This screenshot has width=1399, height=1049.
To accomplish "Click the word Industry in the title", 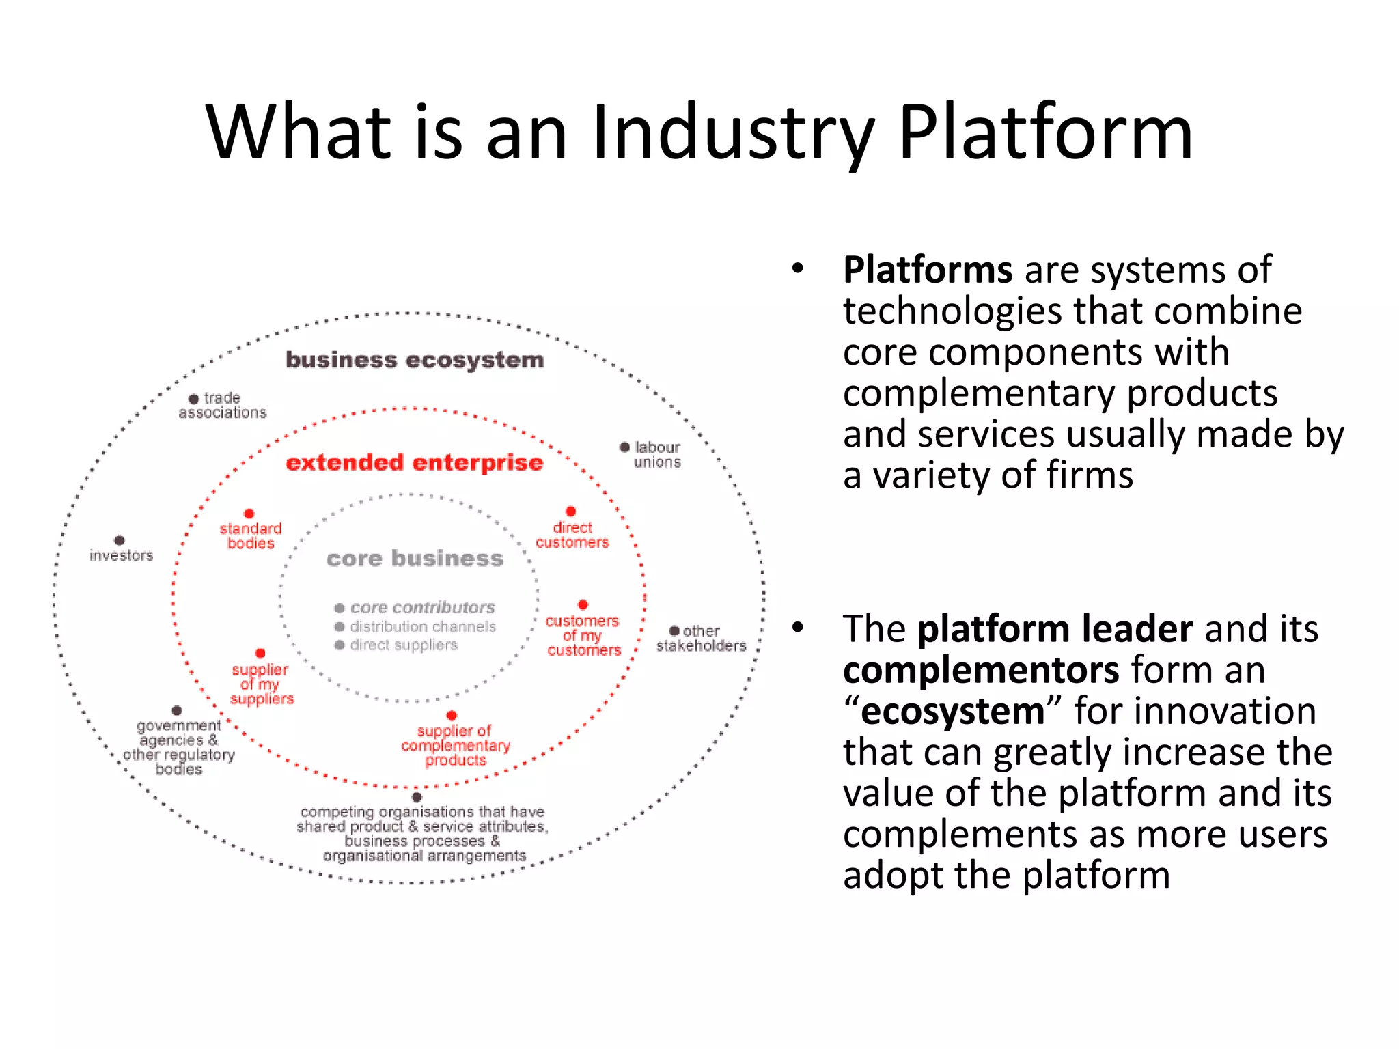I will pos(733,133).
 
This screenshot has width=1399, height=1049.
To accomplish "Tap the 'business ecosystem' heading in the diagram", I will pos(415,360).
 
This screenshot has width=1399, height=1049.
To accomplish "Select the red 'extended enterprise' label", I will pos(415,462).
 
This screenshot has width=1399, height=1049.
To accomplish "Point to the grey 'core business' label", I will pos(415,559).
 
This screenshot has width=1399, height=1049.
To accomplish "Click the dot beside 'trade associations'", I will pos(194,399).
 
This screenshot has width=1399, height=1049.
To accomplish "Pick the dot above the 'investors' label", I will pos(120,540).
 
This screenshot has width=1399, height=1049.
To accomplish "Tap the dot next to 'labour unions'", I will pos(624,447).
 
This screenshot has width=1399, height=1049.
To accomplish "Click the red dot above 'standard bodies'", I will pos(249,514).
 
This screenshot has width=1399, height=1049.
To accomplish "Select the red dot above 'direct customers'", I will pos(571,512).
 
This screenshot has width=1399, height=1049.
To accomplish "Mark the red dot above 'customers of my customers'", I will pos(583,604).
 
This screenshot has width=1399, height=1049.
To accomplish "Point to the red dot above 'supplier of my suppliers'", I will pos(260,654).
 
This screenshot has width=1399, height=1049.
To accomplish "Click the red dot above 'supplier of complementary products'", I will pos(452,716).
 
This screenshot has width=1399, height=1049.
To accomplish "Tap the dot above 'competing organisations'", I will pos(417,797).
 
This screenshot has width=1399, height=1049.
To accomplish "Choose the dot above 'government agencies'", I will pos(177,710).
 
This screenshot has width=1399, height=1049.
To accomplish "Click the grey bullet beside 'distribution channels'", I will pos(340,627).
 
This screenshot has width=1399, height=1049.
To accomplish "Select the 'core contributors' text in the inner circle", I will pos(422,608).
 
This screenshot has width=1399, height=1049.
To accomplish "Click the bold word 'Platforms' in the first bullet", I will pos(928,270).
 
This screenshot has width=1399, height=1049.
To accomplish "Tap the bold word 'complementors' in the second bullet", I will pos(981,670).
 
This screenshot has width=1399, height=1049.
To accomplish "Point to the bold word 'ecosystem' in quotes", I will pos(953,711).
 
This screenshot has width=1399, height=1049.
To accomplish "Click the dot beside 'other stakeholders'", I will pos(674,631).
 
